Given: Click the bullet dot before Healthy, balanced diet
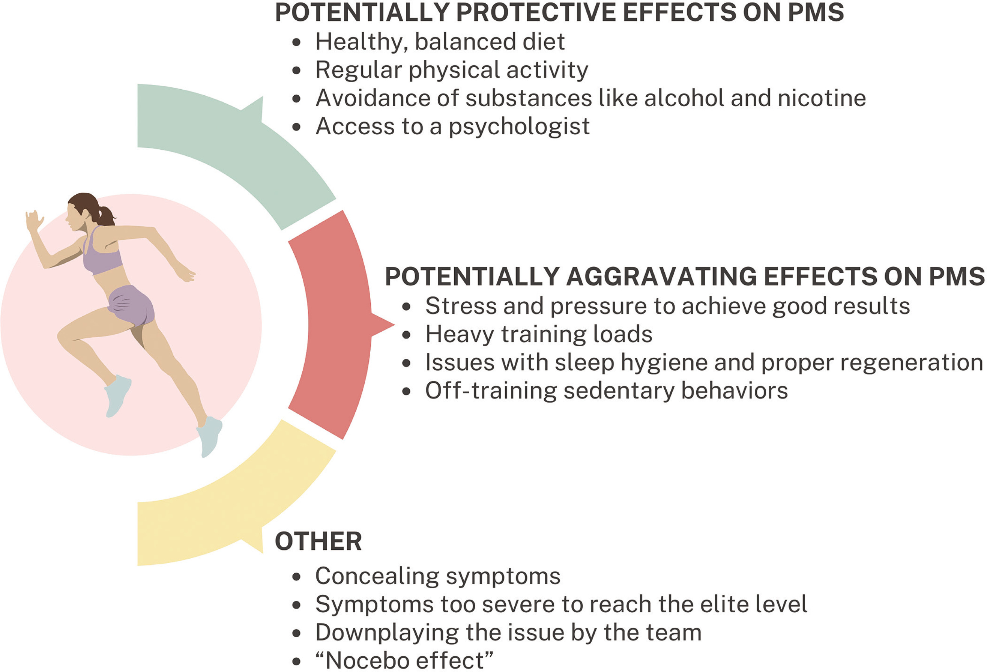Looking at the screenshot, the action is [x=296, y=42].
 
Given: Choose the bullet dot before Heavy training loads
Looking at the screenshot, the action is [x=406, y=335].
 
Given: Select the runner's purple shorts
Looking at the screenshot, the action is [x=131, y=305].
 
